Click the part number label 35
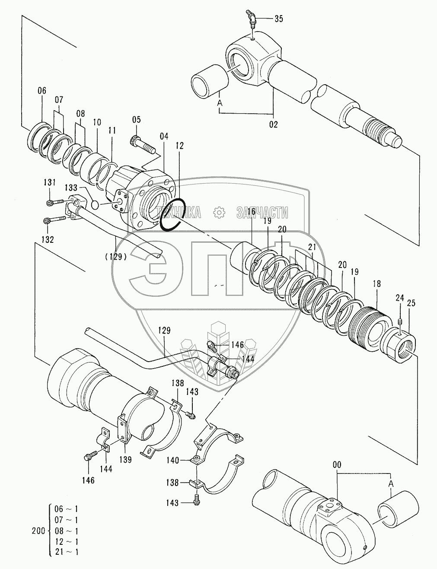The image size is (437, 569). tap(279, 19)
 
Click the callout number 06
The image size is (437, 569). tap(41, 91)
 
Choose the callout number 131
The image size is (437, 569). tap(50, 183)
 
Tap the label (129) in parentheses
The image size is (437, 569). tap(115, 256)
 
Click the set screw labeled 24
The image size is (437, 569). tap(401, 322)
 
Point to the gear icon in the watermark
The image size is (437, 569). tap(220, 212)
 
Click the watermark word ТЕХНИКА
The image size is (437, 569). tap(181, 212)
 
